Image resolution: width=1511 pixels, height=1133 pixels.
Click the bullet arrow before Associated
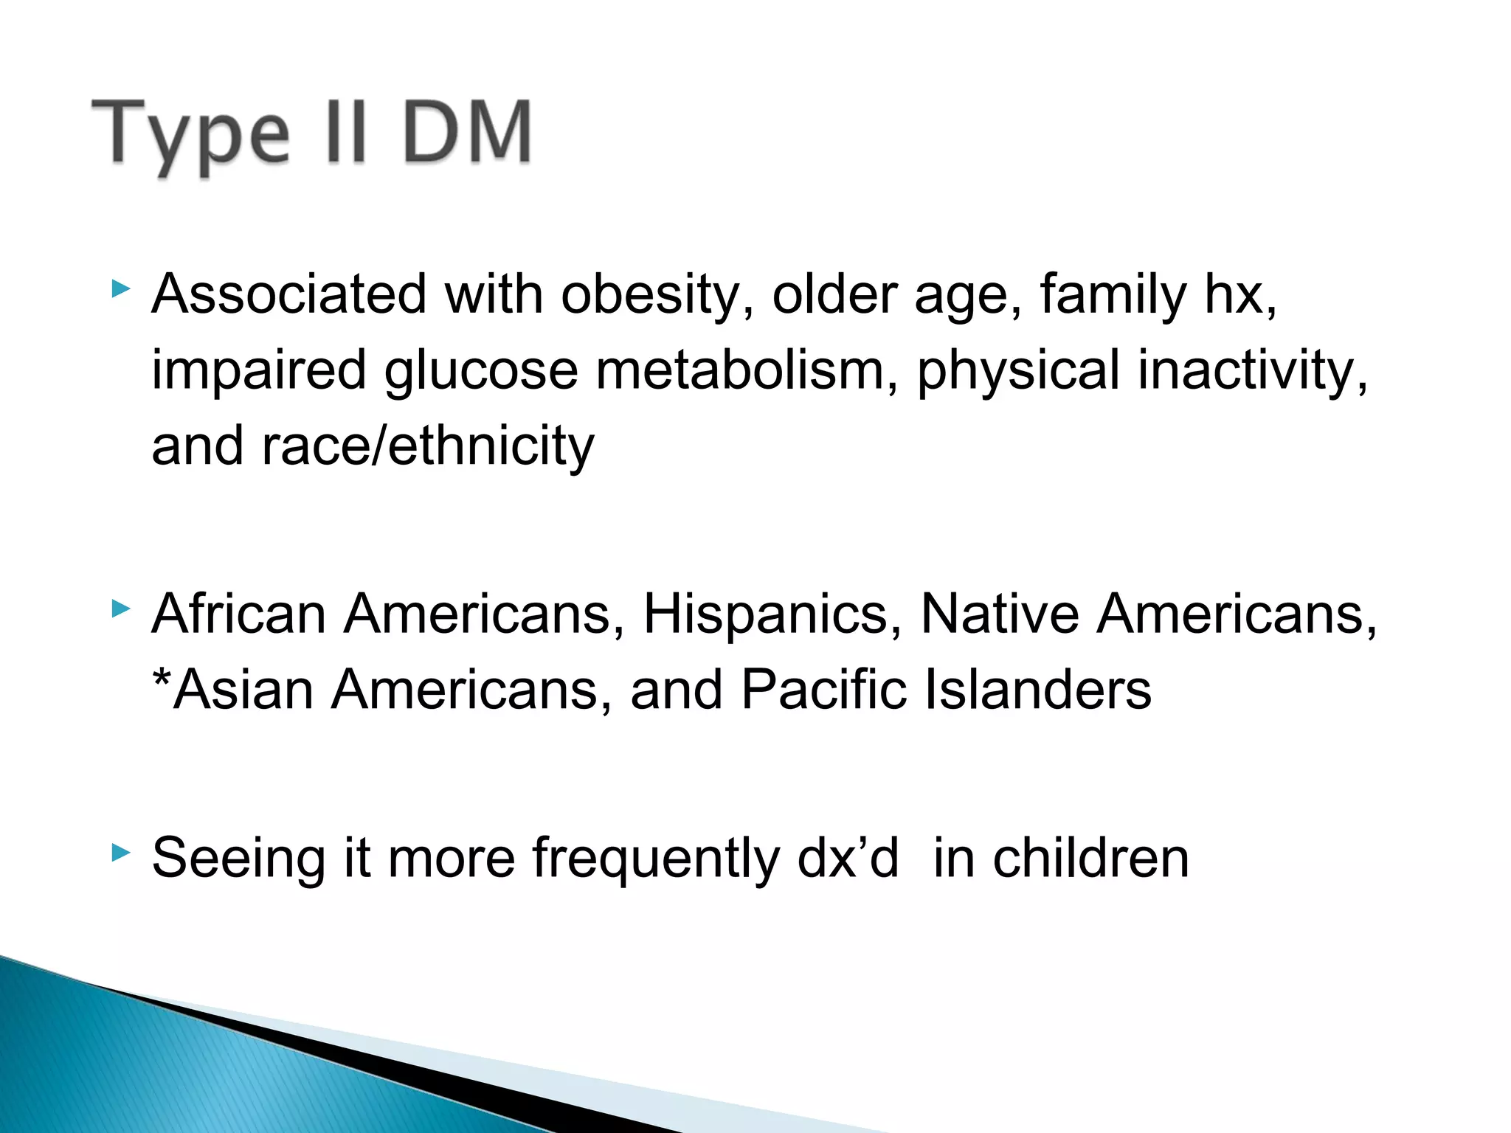121,288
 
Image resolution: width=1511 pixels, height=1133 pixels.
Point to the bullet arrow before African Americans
121,609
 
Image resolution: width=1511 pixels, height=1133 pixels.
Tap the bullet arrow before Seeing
121,853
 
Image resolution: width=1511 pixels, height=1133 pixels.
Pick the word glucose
480,371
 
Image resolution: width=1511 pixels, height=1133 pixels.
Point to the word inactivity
1251,370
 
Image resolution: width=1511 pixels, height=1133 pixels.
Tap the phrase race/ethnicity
428,446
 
